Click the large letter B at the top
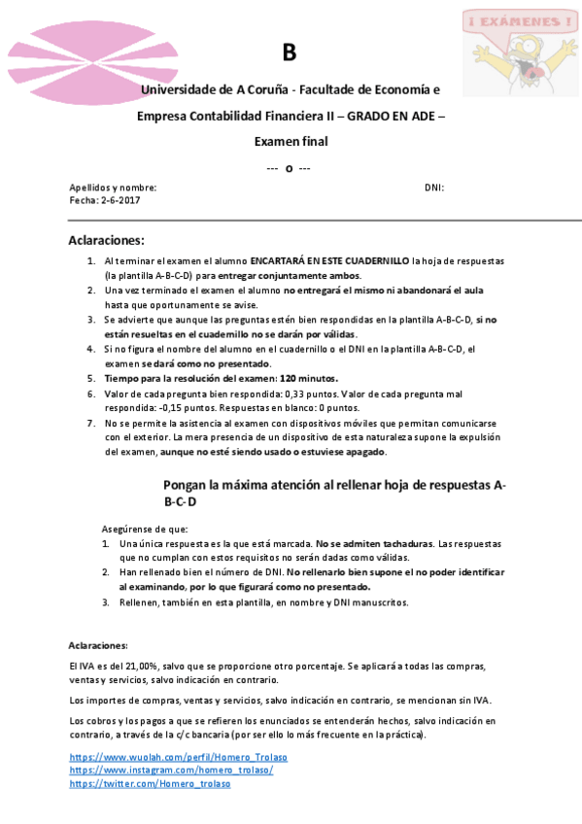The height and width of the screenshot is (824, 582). (289, 52)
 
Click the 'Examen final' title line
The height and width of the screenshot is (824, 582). (291, 141)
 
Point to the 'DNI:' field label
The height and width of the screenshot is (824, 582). (434, 188)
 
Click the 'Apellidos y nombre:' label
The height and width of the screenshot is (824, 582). (113, 188)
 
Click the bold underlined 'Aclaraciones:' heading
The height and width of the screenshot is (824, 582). (106, 240)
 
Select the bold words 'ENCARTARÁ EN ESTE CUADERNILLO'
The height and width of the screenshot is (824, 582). (329, 261)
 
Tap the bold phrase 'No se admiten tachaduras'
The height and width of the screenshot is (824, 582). (374, 543)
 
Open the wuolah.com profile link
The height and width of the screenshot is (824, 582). (178, 757)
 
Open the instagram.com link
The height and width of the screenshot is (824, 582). (171, 770)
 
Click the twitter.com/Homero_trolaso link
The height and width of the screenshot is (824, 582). (150, 783)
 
